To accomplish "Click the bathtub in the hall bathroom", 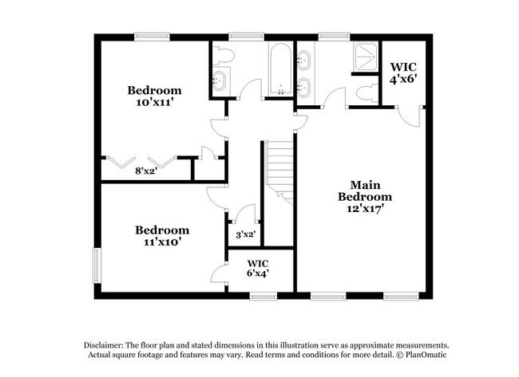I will pos(279,71).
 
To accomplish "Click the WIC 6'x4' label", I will pos(257,268).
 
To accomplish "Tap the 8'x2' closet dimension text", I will pos(145,171).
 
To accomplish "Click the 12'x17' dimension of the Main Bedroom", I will pos(365,209).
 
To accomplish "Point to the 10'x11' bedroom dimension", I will pos(154,103).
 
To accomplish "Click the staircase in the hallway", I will pos(279,167).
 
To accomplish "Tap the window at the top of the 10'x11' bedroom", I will pos(151,35).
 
